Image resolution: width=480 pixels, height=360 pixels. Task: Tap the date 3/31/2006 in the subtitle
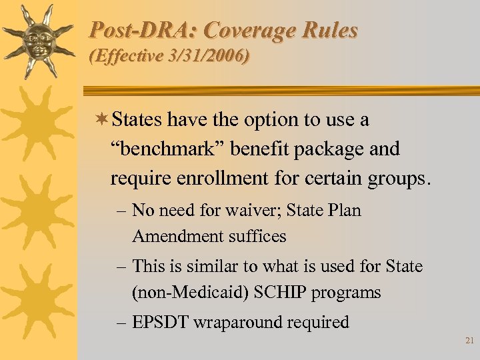(x=211, y=57)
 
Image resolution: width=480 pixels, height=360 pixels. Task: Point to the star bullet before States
(x=103, y=120)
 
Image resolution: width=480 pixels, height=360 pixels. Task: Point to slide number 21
(x=469, y=341)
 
